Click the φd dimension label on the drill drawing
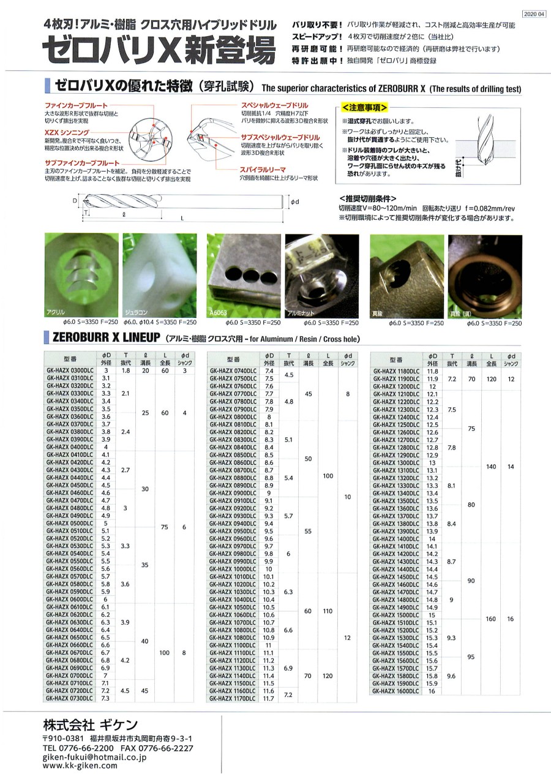pos(294,200)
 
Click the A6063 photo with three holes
pos(242,276)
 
